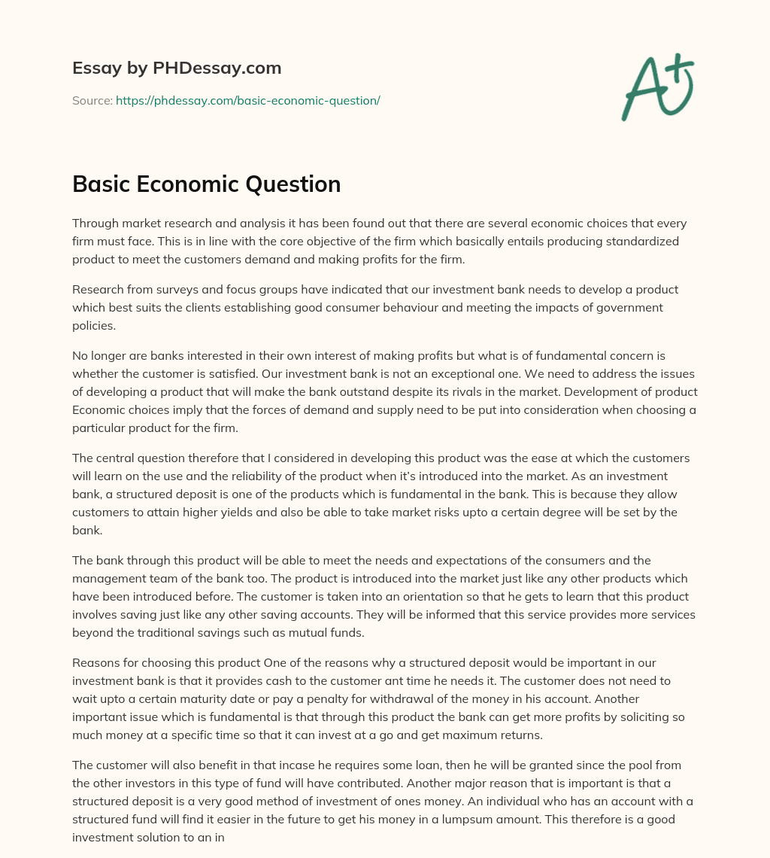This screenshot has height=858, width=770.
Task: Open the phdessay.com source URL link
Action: coord(247,100)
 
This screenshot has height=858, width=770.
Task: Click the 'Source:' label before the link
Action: coord(92,100)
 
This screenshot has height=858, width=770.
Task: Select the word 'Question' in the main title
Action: coord(299,184)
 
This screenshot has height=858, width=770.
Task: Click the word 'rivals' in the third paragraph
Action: coord(478,391)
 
